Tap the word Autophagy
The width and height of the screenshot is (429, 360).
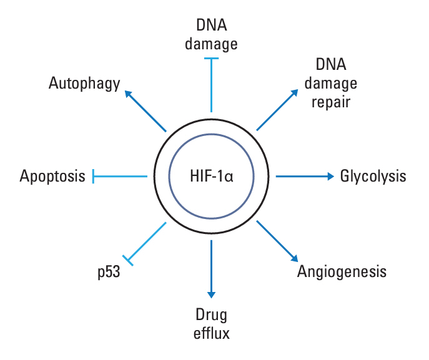point(84,84)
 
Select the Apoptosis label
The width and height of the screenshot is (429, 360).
point(52,177)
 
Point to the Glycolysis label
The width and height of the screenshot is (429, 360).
point(373,177)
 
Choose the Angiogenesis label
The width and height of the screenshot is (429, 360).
point(342,272)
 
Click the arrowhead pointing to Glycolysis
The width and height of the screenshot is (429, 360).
point(331,177)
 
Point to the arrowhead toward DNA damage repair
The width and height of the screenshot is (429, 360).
point(295,92)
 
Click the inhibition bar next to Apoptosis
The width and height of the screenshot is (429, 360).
point(93,177)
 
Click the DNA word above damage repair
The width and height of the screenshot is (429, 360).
point(331,64)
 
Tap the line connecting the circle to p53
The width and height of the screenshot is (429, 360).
point(147,240)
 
